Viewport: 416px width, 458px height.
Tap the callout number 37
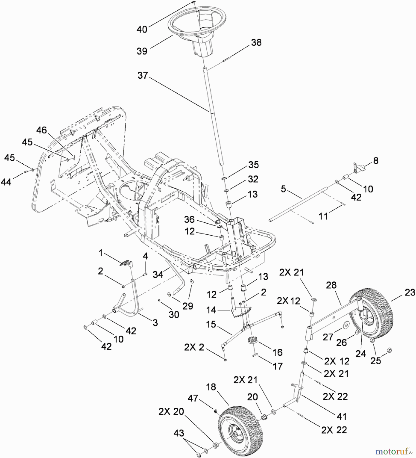tap(143, 75)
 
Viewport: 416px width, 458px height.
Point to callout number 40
tap(142, 29)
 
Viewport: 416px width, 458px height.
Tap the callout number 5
tap(283, 189)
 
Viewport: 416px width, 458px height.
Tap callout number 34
tap(158, 274)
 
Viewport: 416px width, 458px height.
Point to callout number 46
tap(42, 130)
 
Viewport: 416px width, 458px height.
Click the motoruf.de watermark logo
tap(394, 451)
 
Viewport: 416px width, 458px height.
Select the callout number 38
tap(256, 42)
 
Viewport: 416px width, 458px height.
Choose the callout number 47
tap(193, 398)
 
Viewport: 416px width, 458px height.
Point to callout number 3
tap(155, 322)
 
